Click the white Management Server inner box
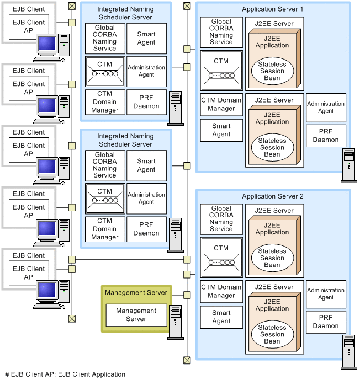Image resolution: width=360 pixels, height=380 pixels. (136, 315)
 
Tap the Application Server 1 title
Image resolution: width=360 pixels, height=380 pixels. (272, 9)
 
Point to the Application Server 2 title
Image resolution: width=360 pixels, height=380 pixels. (272, 196)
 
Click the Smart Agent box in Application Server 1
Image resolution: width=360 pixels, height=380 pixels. (221, 130)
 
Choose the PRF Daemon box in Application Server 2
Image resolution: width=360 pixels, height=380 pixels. (326, 322)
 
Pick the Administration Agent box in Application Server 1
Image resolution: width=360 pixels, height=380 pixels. (326, 107)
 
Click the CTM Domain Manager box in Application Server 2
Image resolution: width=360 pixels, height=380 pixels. (221, 291)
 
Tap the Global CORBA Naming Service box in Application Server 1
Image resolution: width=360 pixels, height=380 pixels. (221, 32)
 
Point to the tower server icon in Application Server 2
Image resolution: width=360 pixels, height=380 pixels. (348, 352)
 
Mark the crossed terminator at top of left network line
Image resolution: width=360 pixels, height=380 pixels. (72, 6)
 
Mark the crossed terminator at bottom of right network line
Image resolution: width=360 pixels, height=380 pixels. (187, 360)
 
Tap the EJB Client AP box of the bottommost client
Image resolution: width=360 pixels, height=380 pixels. (29, 274)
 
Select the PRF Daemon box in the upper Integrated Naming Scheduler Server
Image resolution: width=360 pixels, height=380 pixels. (146, 102)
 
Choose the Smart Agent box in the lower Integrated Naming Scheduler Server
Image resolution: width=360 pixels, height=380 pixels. (146, 165)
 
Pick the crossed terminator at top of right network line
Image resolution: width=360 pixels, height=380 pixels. (187, 6)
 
